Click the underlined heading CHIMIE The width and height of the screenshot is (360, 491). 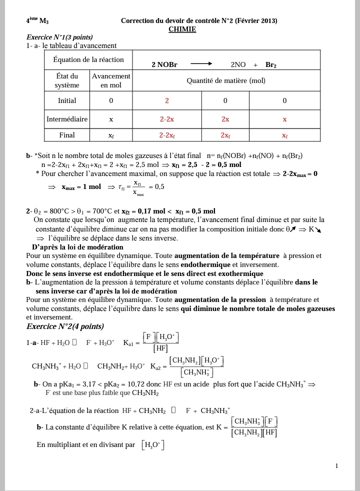coord(182,29)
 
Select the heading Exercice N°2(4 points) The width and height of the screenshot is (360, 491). coord(65,326)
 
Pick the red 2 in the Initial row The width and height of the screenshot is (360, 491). coord(167,100)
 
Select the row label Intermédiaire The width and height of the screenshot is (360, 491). coord(67,119)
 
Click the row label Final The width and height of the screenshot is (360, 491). coord(67,135)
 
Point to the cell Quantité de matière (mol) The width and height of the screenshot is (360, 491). coord(226,80)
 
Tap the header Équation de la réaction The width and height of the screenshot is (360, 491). coord(88,59)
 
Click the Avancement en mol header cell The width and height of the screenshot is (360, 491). coord(111,80)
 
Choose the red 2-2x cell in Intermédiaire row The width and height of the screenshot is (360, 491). coord(167,119)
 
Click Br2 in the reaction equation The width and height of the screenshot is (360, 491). coord(271,65)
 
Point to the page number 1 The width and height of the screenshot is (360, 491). coord(337,466)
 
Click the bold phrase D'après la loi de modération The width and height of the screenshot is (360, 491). coord(77,247)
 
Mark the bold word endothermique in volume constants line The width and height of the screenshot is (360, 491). coord(205,264)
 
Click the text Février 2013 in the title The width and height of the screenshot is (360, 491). coord(257,20)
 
